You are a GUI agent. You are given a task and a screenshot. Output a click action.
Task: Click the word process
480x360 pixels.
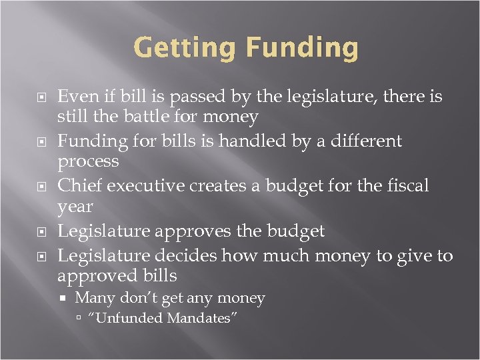88,162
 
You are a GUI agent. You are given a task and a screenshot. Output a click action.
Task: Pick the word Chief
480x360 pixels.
79,185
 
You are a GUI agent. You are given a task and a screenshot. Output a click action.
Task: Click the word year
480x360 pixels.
75,207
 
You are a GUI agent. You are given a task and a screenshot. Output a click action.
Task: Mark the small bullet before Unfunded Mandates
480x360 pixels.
79,319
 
